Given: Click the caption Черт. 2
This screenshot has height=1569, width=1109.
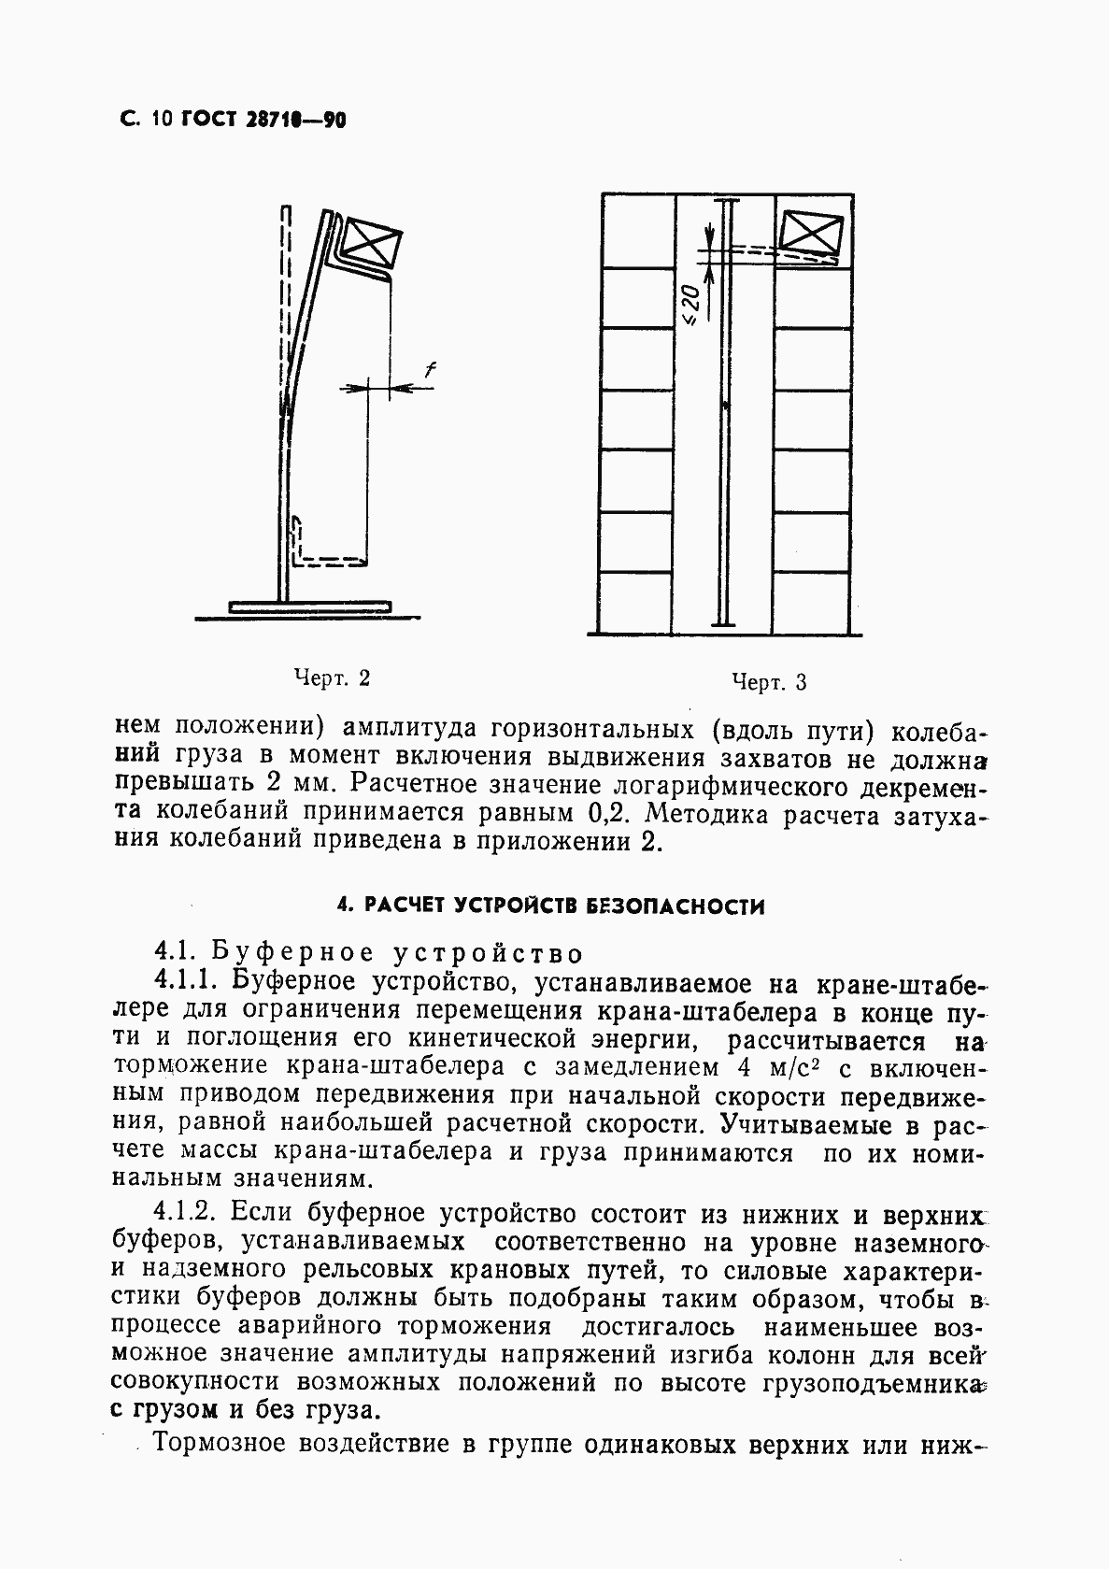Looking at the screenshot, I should coord(333,678).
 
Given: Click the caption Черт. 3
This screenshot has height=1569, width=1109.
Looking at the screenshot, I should coord(768,682).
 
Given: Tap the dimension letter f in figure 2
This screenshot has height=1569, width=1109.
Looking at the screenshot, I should coord(430,371).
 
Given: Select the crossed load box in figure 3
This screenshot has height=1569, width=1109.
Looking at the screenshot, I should coord(811,234).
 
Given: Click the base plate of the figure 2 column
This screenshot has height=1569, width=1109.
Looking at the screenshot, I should coord(309,607).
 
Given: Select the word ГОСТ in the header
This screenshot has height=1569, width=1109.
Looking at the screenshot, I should coord(201,120).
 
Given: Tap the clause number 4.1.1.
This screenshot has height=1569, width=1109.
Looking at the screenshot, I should coord(187,981).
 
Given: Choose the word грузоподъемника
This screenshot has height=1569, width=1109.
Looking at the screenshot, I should coord(878,1382).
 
